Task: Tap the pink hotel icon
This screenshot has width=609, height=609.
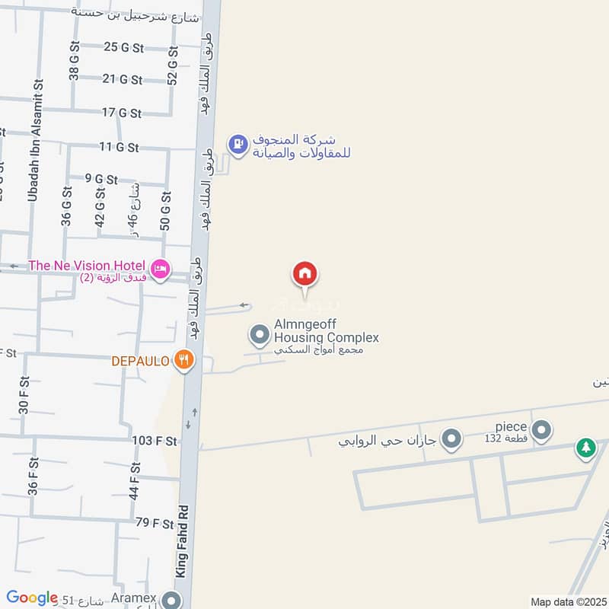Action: [160, 268]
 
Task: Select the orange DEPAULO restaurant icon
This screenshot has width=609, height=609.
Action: [183, 360]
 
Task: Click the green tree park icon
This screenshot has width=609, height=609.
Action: [585, 448]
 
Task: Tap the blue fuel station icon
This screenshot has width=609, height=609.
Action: [238, 144]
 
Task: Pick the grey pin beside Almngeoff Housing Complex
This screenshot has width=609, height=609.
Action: [260, 334]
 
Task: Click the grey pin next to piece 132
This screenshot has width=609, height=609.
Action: [541, 432]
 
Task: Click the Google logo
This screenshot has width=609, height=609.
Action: [32, 598]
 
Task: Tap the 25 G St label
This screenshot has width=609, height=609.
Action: [123, 47]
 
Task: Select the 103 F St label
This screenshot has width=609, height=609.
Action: [155, 441]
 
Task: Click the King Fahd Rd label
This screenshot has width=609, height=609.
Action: [181, 541]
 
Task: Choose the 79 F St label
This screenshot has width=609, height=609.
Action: [155, 524]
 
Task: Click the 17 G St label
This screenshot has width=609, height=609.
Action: [122, 113]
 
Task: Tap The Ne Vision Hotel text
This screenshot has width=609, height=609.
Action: [88, 266]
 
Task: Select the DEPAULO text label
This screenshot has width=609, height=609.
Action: [140, 361]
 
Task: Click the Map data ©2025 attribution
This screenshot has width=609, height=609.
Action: [567, 602]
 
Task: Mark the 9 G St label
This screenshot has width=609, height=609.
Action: [101, 180]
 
